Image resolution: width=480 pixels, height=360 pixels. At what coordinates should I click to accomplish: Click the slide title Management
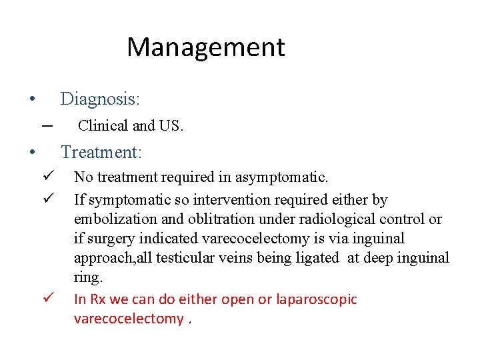[x=205, y=47]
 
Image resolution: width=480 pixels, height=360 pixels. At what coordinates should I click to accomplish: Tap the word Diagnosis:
[x=100, y=99]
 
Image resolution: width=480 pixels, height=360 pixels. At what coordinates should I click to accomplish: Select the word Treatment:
[x=101, y=152]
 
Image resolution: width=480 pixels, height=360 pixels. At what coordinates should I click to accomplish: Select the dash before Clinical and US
[x=47, y=125]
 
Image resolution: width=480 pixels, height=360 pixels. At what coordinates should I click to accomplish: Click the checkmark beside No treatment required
[x=47, y=177]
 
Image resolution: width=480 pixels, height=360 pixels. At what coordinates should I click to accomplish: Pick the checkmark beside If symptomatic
[x=47, y=199]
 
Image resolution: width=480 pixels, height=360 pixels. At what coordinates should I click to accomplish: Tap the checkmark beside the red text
[x=47, y=299]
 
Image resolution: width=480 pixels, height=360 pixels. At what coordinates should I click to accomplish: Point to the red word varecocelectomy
[x=129, y=319]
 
